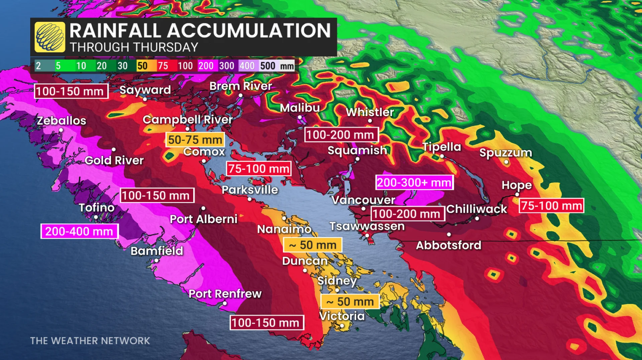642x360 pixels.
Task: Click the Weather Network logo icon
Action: (50, 37)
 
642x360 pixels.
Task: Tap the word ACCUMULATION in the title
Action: (249, 31)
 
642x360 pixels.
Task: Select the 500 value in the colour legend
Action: (267, 66)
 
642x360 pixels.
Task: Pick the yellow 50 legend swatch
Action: (142, 66)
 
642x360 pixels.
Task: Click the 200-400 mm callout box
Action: (79, 231)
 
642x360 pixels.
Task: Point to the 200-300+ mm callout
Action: (414, 183)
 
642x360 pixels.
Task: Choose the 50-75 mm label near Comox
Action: (195, 140)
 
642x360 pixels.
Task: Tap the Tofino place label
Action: (97, 208)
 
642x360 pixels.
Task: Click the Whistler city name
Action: (370, 112)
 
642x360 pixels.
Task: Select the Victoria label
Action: (342, 316)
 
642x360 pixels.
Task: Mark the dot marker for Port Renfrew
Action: (225, 303)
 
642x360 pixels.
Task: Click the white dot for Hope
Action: (517, 194)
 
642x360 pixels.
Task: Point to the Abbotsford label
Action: (448, 245)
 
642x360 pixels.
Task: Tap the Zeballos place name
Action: (62, 121)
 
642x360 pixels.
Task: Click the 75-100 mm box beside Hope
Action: (551, 206)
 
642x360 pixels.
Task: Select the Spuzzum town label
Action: (506, 153)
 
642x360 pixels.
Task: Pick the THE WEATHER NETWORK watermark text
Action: (90, 341)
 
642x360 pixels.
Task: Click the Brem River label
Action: (241, 86)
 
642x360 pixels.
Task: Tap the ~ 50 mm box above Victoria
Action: (350, 302)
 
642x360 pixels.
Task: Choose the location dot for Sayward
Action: (145, 99)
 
